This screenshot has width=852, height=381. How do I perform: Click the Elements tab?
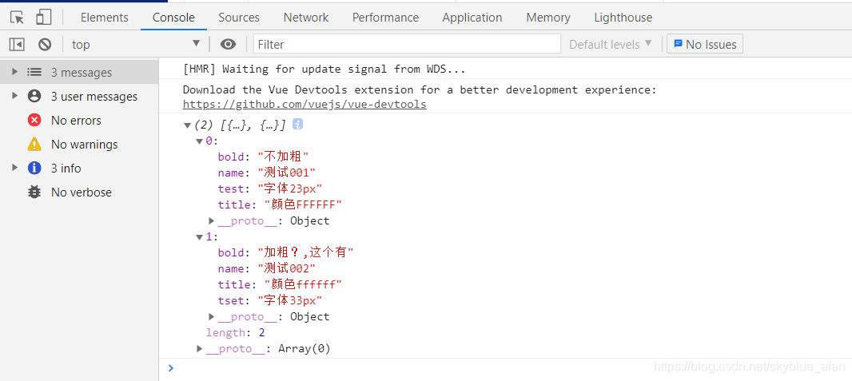[x=104, y=18]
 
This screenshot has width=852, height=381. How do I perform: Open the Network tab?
[x=306, y=18]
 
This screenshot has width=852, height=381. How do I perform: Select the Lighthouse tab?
[x=623, y=18]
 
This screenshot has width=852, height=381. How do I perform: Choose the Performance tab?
[x=385, y=18]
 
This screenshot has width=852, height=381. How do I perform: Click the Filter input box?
[x=407, y=44]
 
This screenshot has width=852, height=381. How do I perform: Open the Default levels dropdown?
[x=611, y=44]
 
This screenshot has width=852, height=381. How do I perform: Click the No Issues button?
[x=705, y=44]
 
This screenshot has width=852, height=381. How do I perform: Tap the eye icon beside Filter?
[x=229, y=44]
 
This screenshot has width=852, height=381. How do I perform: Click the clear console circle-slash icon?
[x=45, y=44]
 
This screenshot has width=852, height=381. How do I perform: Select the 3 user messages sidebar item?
[x=94, y=97]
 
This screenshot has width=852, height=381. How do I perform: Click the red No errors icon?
[x=34, y=121]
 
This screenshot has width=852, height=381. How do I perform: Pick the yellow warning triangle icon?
[x=34, y=145]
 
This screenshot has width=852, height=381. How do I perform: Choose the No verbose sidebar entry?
[x=81, y=192]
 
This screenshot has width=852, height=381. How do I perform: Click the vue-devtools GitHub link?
[x=305, y=105]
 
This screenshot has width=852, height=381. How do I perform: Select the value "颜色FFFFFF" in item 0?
[x=303, y=204]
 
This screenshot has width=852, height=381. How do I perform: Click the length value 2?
[x=262, y=332]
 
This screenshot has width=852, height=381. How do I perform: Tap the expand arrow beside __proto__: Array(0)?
[x=200, y=348]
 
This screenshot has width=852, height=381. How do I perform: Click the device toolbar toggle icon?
[x=43, y=17]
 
